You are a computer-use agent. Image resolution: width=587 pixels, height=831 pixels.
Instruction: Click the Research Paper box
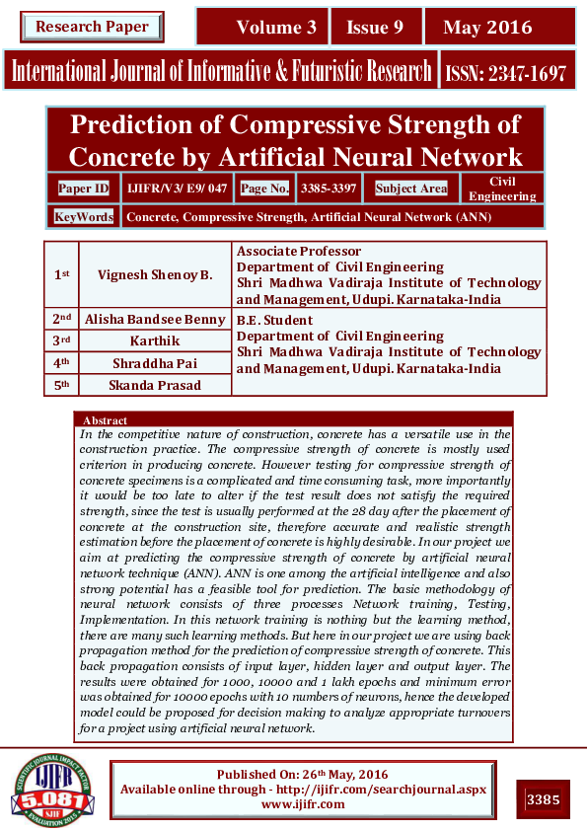point(92,27)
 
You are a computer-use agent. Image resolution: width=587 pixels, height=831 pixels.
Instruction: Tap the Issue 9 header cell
point(375,28)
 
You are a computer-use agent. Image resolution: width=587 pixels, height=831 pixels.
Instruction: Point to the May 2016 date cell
point(487,28)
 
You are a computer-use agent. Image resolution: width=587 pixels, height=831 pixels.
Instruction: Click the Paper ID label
point(84,188)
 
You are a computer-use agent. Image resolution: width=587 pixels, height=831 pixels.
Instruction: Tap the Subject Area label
point(411,188)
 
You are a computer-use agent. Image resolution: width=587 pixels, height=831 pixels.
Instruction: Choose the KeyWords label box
point(84,216)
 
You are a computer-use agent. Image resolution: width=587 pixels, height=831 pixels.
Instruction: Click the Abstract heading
point(106,420)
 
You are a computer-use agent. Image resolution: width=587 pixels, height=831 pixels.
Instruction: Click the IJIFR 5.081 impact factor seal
point(52,791)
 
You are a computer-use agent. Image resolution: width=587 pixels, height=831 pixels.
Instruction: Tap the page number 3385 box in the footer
point(544,797)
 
